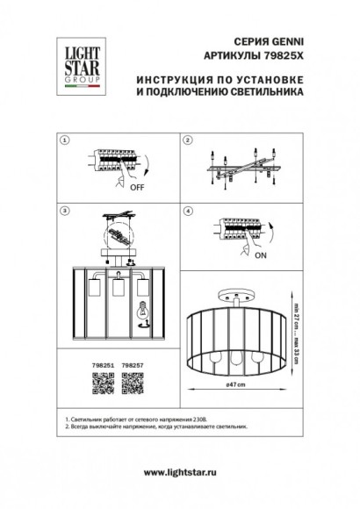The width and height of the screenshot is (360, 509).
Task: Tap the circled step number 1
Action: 63,140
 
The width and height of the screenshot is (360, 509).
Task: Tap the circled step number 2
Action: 187,140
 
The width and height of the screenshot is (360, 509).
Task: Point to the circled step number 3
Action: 63,211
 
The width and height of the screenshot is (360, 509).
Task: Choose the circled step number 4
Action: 187,211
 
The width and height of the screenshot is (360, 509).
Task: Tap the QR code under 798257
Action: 133,377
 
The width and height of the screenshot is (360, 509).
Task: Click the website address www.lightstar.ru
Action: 180,473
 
